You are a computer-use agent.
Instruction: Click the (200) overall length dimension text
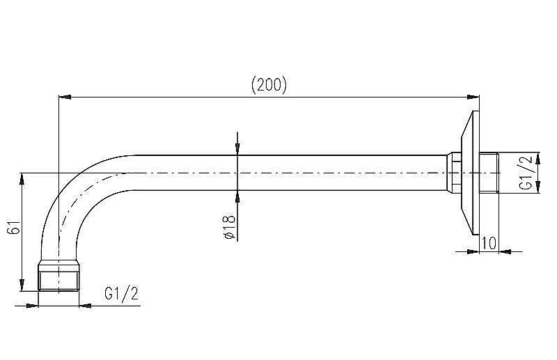coord(269,85)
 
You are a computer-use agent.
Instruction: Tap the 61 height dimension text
coord(14,227)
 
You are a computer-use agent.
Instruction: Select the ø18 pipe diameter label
coord(229,226)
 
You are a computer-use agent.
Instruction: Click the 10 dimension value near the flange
coord(489,243)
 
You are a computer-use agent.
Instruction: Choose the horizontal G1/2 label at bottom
coord(121,294)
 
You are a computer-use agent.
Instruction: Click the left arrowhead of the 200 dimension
coord(65,97)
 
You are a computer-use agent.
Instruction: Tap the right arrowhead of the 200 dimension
coord(473,97)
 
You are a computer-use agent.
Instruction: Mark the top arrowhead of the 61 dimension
coord(22,179)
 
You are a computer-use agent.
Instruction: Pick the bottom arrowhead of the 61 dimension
coord(22,285)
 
